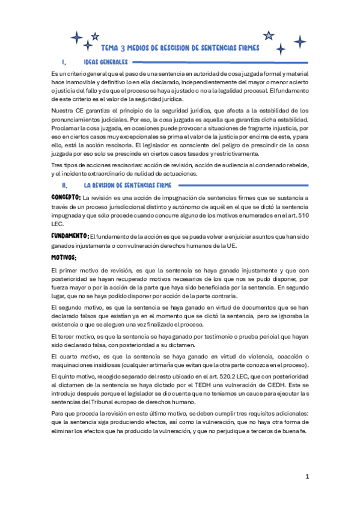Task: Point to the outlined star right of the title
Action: click(x=269, y=35)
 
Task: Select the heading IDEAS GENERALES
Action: click(x=105, y=63)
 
